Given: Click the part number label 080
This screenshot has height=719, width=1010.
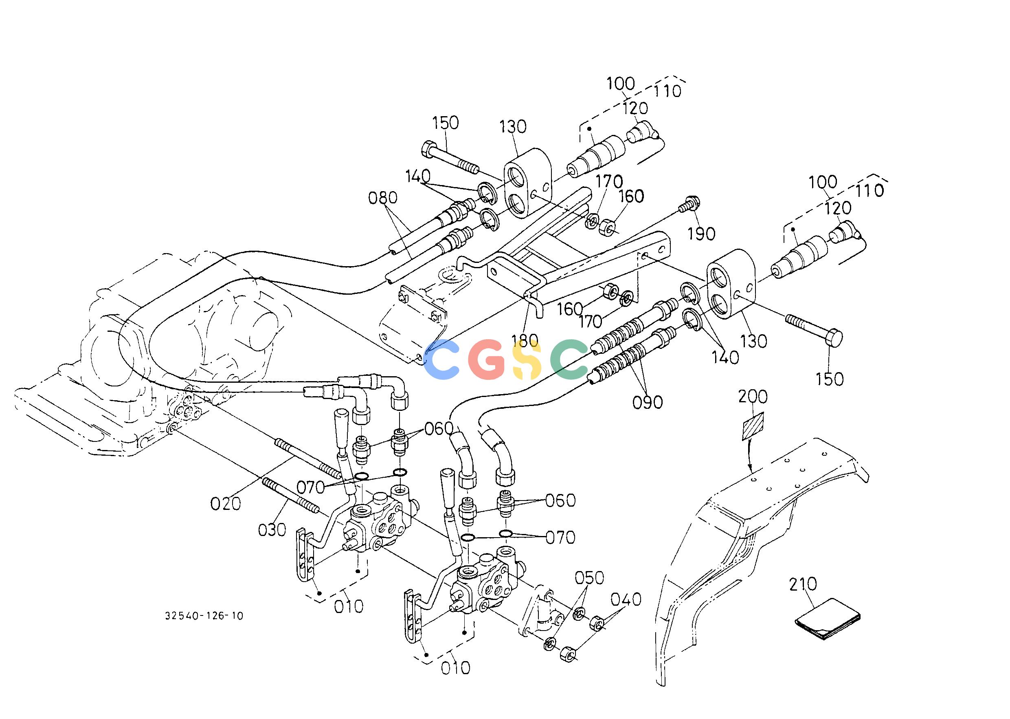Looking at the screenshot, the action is coord(383,198).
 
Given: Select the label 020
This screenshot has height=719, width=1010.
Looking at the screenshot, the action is coord(226,503).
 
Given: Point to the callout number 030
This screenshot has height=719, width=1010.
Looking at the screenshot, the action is coord(272,529).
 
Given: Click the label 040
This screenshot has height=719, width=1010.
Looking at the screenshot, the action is coord(626,600).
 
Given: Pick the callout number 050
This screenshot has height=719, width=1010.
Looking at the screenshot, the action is coord(589,578).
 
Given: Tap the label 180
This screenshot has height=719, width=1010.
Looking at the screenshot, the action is coord(525,341).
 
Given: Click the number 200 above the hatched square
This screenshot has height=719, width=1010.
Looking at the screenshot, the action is coord(753,397).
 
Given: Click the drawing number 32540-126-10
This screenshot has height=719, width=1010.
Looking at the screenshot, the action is coord(204,616).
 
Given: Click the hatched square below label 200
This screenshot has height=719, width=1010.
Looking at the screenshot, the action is coord(753,426).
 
